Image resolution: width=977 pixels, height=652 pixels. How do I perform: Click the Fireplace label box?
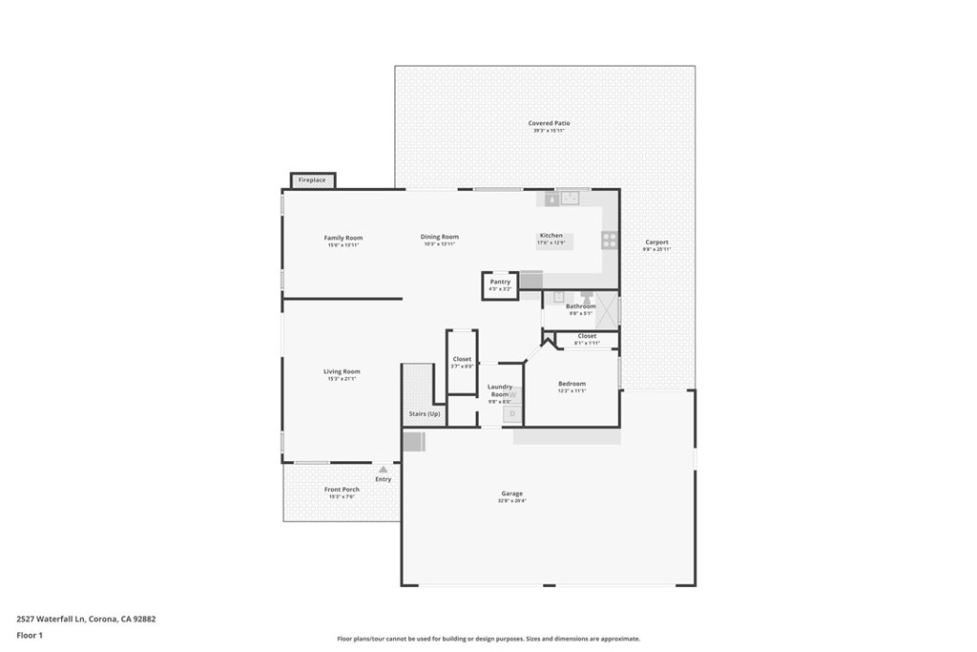(312, 180)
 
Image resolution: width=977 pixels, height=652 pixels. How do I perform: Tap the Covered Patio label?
(549, 123)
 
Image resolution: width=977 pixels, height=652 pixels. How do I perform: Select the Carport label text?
(656, 242)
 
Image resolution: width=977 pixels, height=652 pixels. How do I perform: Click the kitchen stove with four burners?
(609, 240)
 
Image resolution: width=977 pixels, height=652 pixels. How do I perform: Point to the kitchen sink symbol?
(570, 198)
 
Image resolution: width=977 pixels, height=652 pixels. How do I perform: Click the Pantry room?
(500, 284)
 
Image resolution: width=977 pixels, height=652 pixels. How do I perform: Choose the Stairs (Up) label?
(425, 413)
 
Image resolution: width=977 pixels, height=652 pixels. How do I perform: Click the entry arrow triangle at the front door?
(383, 470)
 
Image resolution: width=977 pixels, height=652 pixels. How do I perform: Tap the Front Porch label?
(342, 490)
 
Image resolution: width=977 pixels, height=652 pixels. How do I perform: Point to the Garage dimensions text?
(512, 501)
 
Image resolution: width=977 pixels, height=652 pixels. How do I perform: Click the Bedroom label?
(572, 384)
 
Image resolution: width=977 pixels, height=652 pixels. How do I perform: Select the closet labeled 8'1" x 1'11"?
(587, 339)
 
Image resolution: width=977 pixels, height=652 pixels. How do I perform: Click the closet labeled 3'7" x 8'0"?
(462, 362)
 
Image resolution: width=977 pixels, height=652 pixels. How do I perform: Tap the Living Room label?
(342, 371)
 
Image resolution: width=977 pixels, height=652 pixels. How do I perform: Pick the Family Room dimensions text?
(343, 245)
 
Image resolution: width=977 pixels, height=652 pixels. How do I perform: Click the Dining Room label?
(440, 237)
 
